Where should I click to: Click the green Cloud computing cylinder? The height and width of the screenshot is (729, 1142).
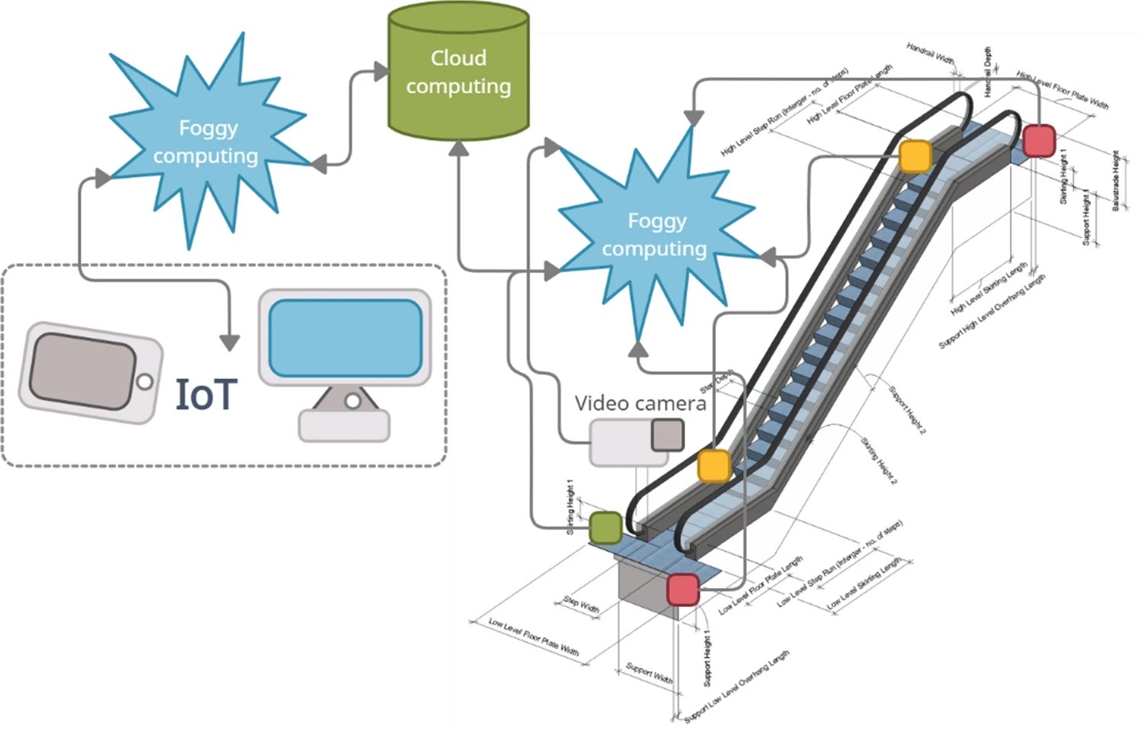tap(458, 72)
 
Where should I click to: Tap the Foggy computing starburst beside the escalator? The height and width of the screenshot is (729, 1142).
tap(656, 235)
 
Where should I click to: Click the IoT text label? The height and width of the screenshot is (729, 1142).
tap(206, 394)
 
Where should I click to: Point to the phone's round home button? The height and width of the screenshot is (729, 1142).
tap(144, 381)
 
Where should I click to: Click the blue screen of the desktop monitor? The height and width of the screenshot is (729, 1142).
tap(345, 337)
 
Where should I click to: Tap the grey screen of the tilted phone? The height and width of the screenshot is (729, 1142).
tap(82, 371)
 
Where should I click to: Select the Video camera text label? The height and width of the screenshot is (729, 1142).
tap(640, 403)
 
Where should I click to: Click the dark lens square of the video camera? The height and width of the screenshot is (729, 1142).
tap(667, 435)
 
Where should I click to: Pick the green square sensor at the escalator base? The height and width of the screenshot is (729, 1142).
tap(606, 527)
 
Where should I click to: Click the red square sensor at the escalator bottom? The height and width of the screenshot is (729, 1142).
tap(682, 589)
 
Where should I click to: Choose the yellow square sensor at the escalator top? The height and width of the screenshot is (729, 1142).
tap(915, 156)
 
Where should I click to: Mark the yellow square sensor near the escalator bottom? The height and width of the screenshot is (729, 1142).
tap(714, 465)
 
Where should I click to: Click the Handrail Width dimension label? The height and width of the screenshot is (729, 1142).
tap(930, 53)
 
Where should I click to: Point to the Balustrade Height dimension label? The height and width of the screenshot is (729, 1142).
tap(1116, 181)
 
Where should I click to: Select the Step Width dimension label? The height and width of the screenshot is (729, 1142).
tap(581, 605)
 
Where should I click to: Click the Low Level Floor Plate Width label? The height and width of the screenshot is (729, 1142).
tap(534, 637)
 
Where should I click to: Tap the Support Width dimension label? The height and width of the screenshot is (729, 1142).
tap(649, 673)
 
